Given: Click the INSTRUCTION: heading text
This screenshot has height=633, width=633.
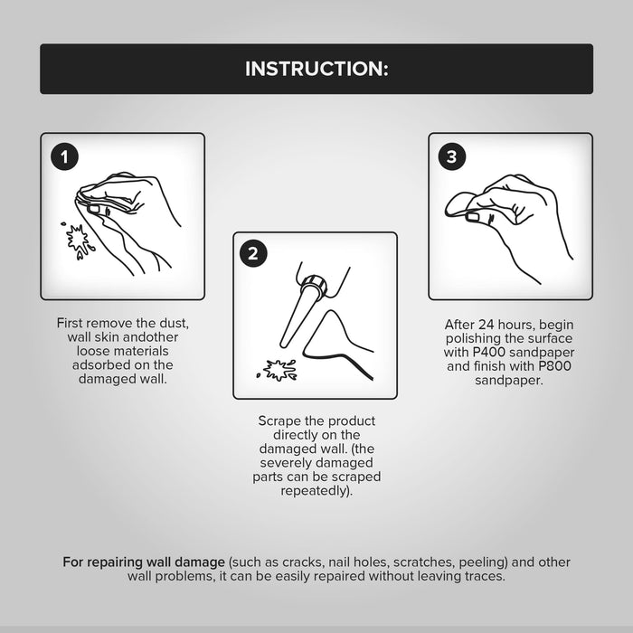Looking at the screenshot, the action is pos(316,69).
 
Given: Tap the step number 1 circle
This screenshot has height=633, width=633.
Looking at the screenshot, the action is pos(64,156).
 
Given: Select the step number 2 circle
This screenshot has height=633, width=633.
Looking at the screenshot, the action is pos(253,253).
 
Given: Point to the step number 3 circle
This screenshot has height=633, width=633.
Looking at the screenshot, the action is pos(452,156).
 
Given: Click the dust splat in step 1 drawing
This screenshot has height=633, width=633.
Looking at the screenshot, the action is pos(78,241).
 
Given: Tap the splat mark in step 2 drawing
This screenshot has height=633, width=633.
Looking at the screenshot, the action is pos(277,370).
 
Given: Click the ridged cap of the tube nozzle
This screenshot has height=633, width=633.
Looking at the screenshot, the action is pos(314,285).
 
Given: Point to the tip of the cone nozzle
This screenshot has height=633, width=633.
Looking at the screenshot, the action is pos(284,344).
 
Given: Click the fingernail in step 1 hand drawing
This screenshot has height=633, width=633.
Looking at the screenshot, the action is pos(94,209).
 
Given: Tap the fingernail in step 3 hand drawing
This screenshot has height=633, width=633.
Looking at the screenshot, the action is pos(472,217).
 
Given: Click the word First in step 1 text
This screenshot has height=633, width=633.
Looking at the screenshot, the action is pos(70,323).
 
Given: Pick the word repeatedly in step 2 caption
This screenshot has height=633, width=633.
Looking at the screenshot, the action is pos(313,491).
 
